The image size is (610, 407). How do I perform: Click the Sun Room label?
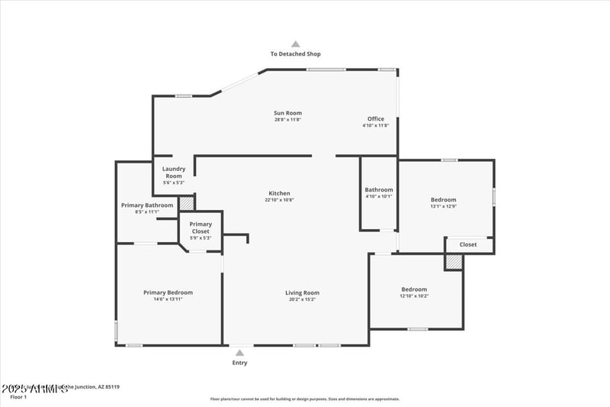click(288, 114)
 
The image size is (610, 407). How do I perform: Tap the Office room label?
click(376, 119)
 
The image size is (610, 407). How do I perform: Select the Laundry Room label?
click(174, 173)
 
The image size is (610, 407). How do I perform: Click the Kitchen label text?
click(279, 194)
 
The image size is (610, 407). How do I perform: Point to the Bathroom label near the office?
click(379, 190)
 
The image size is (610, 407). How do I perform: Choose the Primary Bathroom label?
click(147, 205)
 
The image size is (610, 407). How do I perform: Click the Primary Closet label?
click(201, 228)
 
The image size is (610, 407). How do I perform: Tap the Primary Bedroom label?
click(169, 292)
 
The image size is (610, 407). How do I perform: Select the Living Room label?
click(302, 292)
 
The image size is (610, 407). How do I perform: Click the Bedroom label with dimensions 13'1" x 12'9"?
click(443, 200)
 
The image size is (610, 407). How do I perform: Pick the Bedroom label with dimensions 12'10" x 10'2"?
click(414, 289)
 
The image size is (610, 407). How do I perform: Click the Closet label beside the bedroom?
click(468, 244)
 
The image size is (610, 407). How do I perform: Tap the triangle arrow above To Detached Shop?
click(296, 44)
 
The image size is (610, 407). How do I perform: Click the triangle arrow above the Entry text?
click(239, 353)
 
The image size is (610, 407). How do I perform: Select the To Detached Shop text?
click(296, 54)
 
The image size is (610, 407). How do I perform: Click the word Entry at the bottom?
click(239, 363)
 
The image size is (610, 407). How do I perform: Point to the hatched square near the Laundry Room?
click(187, 204)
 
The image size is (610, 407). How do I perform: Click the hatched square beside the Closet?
click(454, 261)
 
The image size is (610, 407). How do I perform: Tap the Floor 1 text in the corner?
click(18, 397)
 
